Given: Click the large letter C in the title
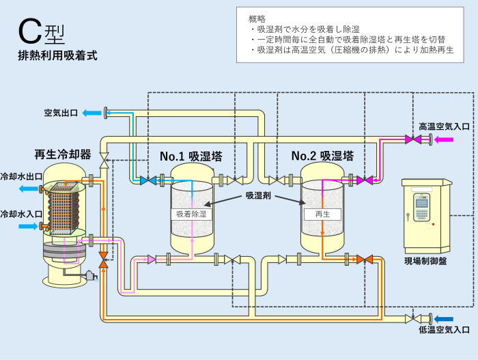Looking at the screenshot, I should pyautogui.click(x=30, y=31).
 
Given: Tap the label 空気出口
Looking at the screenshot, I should pyautogui.click(x=61, y=113).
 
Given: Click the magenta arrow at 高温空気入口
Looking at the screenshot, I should pyautogui.click(x=445, y=139).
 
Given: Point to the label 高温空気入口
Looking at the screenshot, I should pyautogui.click(x=445, y=126).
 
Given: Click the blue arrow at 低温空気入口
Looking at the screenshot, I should pyautogui.click(x=445, y=318).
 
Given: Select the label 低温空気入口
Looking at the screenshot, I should pyautogui.click(x=445, y=331).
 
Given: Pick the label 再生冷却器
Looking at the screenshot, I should pyautogui.click(x=63, y=154).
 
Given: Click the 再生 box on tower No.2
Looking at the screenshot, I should pyautogui.click(x=322, y=214).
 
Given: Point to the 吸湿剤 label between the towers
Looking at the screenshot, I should pyautogui.click(x=258, y=195).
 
